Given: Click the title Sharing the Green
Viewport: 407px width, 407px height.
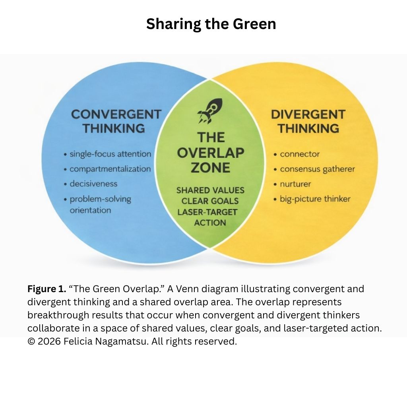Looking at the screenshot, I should click(x=211, y=24).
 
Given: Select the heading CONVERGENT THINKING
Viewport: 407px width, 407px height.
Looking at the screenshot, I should click(x=116, y=121).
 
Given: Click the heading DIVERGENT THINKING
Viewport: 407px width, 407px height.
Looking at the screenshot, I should click(x=308, y=121).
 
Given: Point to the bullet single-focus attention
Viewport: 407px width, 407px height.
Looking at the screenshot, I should click(x=110, y=154).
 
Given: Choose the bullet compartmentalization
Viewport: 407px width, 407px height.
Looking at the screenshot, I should click(x=110, y=169).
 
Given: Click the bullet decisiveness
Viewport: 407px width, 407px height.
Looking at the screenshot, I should click(x=93, y=184).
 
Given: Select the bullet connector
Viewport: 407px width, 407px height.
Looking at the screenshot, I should click(x=300, y=154).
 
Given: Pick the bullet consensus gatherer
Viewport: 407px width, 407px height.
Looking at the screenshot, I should click(x=317, y=169).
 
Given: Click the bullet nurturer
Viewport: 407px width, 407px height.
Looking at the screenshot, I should click(x=295, y=184).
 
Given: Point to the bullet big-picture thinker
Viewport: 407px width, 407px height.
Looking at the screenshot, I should click(x=315, y=199).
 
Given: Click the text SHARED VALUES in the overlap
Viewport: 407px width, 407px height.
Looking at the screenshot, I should click(x=210, y=190).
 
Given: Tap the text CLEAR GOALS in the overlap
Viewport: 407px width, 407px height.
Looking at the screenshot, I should click(x=210, y=201).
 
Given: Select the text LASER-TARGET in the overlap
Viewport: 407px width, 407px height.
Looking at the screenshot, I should click(x=207, y=212).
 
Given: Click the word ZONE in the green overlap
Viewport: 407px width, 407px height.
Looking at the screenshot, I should click(x=210, y=167).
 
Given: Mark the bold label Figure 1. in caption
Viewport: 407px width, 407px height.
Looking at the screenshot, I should click(x=47, y=289).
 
